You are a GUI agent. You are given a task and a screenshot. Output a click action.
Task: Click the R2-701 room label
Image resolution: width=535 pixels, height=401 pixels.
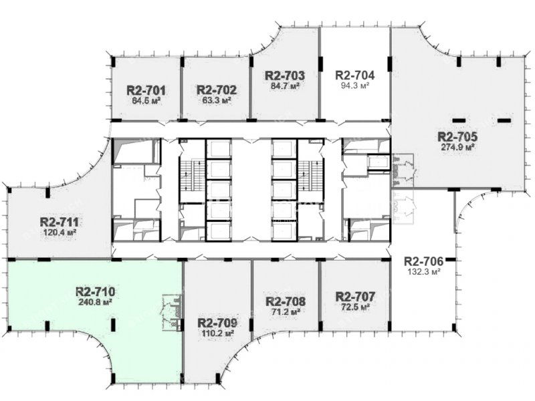pyautogui.click(x=146, y=91)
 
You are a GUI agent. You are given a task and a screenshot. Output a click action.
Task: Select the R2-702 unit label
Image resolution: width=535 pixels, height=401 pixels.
pyautogui.click(x=216, y=90)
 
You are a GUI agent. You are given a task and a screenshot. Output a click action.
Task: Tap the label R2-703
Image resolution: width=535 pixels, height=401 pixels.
pyautogui.click(x=285, y=76)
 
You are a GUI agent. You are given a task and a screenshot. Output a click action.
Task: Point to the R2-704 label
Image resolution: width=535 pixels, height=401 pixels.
pyautogui.click(x=355, y=75)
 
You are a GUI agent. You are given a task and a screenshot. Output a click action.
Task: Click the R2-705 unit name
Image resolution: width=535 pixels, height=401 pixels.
pyautogui.click(x=457, y=137)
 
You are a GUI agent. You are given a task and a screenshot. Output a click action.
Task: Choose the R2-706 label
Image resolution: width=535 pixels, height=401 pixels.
pyautogui.click(x=423, y=261)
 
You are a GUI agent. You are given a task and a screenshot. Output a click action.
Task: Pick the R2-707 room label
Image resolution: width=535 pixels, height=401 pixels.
pyautogui.click(x=355, y=296)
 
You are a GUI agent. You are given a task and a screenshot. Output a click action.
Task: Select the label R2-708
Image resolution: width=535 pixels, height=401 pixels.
pyautogui.click(x=286, y=301)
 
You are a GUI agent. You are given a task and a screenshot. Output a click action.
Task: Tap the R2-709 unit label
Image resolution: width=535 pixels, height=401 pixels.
pyautogui.click(x=217, y=323)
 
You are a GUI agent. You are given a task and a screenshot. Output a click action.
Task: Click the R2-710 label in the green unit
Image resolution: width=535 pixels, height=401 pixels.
pyautogui.click(x=95, y=292)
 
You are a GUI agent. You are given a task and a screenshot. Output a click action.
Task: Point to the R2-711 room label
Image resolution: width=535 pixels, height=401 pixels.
pyautogui.click(x=60, y=223)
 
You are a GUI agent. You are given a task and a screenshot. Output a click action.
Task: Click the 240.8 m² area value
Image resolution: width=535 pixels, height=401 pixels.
pyautogui.click(x=95, y=302)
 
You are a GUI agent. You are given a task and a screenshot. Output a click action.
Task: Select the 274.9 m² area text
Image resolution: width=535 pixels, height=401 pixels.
pyautogui.click(x=458, y=147)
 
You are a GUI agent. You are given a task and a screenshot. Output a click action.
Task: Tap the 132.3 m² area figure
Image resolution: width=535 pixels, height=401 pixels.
pyautogui.click(x=423, y=272)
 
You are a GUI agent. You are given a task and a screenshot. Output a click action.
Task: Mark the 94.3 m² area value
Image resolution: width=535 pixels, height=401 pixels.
pyautogui.click(x=355, y=86)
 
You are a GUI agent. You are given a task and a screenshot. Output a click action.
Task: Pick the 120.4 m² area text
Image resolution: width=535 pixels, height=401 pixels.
pyautogui.click(x=60, y=233)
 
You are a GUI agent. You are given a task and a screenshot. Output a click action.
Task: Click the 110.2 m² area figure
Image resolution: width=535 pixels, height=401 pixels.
pyautogui.click(x=217, y=333)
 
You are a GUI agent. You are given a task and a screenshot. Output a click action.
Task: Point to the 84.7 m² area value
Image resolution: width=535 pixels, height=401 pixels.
pyautogui.click(x=286, y=86)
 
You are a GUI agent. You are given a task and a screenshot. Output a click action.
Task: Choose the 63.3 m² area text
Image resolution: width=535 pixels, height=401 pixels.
pyautogui.click(x=217, y=100)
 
